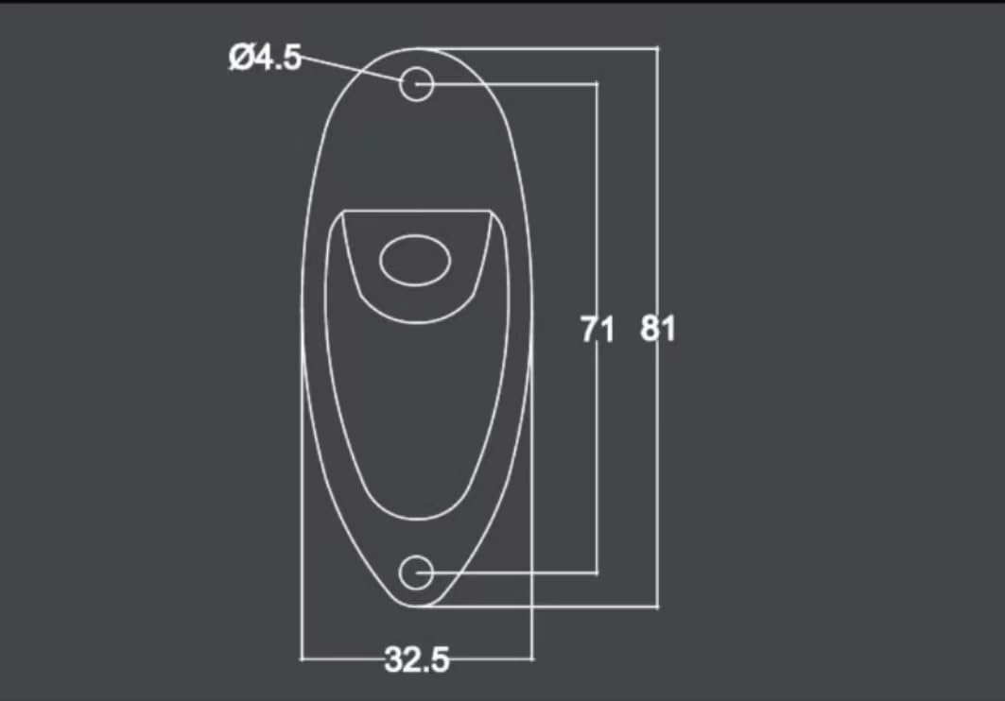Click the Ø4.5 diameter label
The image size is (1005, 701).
tap(265, 59)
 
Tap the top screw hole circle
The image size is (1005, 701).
tap(417, 84)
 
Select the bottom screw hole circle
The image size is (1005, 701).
tap(416, 573)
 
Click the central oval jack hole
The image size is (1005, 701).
tap(413, 261)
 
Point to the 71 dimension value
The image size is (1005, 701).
tap(597, 330)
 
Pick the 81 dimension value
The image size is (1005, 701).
tap(658, 330)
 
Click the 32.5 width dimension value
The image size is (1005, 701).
tap(416, 658)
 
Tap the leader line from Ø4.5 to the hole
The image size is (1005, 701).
tap(350, 68)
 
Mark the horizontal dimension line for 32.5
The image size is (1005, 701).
tap(340, 658)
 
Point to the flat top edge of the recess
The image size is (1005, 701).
tap(416, 211)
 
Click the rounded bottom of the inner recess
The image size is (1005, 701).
tap(416, 516)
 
